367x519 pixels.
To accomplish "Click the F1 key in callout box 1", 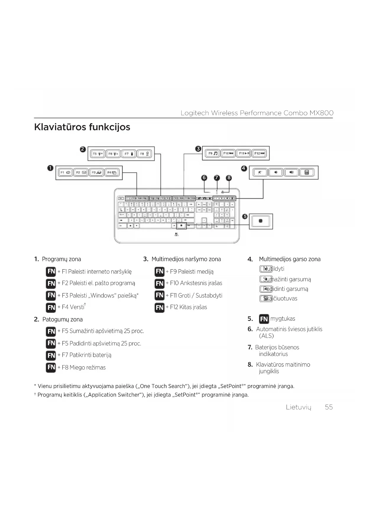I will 65,173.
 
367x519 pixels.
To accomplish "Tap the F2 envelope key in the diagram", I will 81,173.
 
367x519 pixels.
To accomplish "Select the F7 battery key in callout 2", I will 129,154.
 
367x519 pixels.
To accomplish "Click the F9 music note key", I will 212,153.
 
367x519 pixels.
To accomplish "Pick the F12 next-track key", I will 259,153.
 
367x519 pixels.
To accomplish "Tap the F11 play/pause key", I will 244,153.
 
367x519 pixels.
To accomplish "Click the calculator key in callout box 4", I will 307,173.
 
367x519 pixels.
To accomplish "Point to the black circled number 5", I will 245,216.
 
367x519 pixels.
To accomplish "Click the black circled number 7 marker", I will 217,178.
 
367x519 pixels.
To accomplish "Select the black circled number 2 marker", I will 83,149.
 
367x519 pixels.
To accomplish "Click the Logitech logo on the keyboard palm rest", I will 177,235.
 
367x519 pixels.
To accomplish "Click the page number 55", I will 329,407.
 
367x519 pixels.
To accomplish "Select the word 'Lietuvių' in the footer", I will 299,407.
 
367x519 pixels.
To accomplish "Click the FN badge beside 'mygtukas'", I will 264,319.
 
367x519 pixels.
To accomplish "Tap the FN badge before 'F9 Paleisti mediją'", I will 159,271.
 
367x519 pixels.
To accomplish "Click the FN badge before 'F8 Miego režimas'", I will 51,367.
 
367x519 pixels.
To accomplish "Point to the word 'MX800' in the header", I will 321,113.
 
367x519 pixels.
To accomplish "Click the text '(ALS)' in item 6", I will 266,336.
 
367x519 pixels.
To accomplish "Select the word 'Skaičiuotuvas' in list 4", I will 280,299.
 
